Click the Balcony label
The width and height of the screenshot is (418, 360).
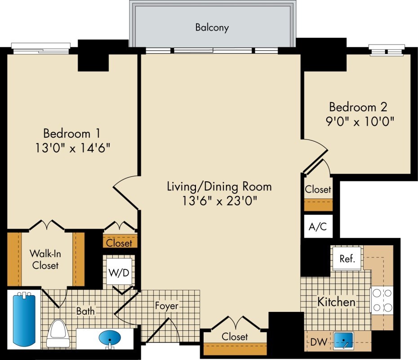click(x=212, y=27)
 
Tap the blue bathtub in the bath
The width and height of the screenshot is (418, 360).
click(x=24, y=319)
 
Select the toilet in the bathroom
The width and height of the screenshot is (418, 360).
click(x=58, y=333)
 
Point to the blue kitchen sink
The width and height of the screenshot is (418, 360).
click(x=344, y=341)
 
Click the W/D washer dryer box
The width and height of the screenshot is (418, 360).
click(x=119, y=272)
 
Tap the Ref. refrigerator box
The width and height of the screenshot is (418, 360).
click(x=347, y=258)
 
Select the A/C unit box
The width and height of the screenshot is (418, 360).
click(x=318, y=226)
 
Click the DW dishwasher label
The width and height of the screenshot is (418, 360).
click(x=319, y=342)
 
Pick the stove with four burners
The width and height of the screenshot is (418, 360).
click(x=382, y=300)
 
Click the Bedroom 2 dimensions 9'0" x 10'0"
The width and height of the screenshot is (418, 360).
click(x=360, y=121)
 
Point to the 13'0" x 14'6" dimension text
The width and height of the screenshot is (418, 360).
click(x=73, y=148)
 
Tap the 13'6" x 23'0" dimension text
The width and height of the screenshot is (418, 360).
click(x=219, y=201)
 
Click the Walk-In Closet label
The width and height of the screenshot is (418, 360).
click(x=45, y=259)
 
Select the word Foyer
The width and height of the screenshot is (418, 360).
click(x=167, y=306)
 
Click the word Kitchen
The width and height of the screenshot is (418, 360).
click(x=337, y=302)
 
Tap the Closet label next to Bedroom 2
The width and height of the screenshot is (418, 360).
click(x=318, y=189)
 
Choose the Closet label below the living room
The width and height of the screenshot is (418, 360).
click(x=235, y=337)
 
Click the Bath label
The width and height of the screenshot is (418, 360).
click(x=85, y=311)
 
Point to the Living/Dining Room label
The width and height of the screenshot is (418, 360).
click(x=219, y=187)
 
